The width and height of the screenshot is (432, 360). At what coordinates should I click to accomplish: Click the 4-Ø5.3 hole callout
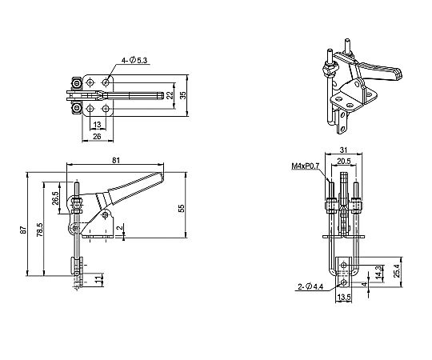pyautogui.click(x=134, y=60)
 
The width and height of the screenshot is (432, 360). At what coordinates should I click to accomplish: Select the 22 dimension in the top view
pyautogui.click(x=170, y=95)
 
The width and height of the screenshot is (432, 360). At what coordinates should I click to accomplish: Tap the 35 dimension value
pyautogui.click(x=182, y=95)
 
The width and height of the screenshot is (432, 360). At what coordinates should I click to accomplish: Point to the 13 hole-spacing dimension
pyautogui.click(x=98, y=125)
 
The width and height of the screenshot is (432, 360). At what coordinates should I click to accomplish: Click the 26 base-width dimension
pyautogui.click(x=97, y=136)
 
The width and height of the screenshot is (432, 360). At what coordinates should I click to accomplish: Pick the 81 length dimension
pyautogui.click(x=116, y=160)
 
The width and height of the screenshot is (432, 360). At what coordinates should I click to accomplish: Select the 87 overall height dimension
pyautogui.click(x=24, y=230)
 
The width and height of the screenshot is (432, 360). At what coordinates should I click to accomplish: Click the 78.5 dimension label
pyautogui.click(x=40, y=230)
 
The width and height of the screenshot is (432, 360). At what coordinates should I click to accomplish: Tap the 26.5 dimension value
pyautogui.click(x=55, y=198)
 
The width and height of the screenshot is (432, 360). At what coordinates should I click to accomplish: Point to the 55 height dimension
pyautogui.click(x=182, y=208)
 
